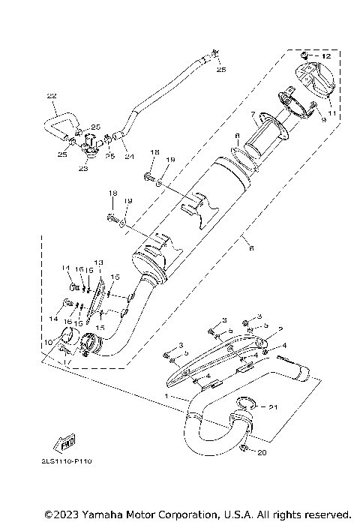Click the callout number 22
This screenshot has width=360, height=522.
[52, 96]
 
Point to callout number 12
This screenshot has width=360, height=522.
[325, 57]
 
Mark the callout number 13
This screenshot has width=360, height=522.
[99, 262]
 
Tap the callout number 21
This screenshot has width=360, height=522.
[273, 406]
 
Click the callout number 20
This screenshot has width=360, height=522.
[261, 453]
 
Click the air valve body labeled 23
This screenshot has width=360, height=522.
[90, 142]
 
